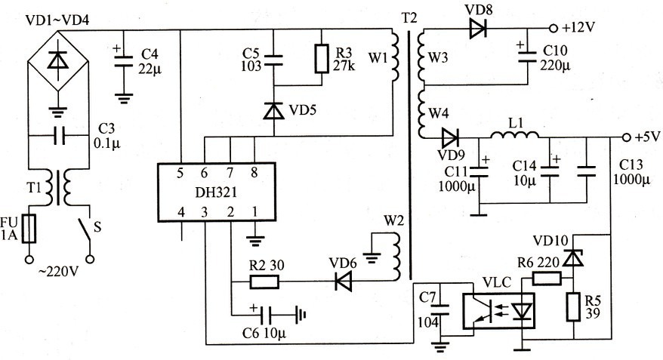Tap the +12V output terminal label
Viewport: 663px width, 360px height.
[x=580, y=29]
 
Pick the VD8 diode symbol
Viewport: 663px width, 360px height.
[x=476, y=29]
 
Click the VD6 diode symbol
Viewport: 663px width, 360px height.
[x=339, y=282]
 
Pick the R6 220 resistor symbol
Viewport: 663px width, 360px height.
[x=546, y=279]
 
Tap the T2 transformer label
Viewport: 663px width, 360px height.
[x=409, y=17]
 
